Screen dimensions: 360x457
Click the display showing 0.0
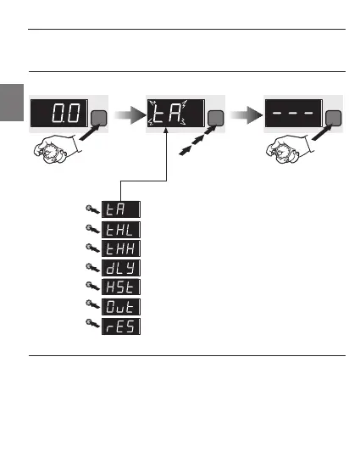pos(59,113)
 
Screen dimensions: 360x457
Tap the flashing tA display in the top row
pos(176,113)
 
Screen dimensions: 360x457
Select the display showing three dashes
pos(294,113)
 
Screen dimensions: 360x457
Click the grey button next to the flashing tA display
pos(215,118)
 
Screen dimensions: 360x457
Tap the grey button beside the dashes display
pos(333,118)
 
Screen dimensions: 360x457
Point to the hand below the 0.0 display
pos(57,148)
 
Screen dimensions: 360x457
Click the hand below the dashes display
pos(290,148)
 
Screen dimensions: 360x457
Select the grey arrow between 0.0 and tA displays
pos(130,115)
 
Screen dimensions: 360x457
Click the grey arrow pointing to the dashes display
pos(246,115)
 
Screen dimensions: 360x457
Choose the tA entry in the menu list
pos(121,209)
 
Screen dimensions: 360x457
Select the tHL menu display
pos(121,230)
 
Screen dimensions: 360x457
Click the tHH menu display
pos(121,248)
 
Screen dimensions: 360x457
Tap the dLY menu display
pos(121,268)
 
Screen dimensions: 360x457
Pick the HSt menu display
pos(121,287)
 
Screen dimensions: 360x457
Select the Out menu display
pos(121,307)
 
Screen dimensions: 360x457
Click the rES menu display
pos(121,326)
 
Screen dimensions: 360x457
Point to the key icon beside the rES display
pos(92,324)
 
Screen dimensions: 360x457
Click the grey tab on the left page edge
pos(12,103)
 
